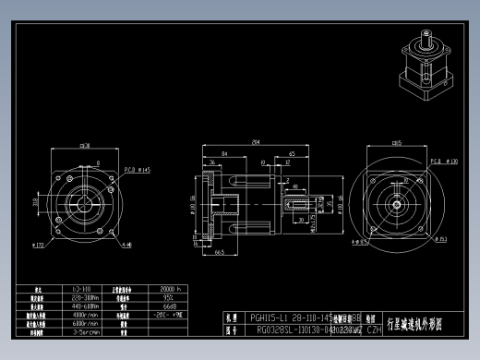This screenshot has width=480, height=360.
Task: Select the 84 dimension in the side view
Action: pyautogui.click(x=224, y=153)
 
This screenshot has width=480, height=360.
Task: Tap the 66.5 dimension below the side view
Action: pyautogui.click(x=221, y=250)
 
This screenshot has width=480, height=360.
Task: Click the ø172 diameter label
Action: pyautogui.click(x=39, y=246)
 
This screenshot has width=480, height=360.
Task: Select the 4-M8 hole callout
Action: pyautogui.click(x=126, y=246)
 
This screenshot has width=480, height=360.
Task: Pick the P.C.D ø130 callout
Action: pyautogui.click(x=446, y=161)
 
